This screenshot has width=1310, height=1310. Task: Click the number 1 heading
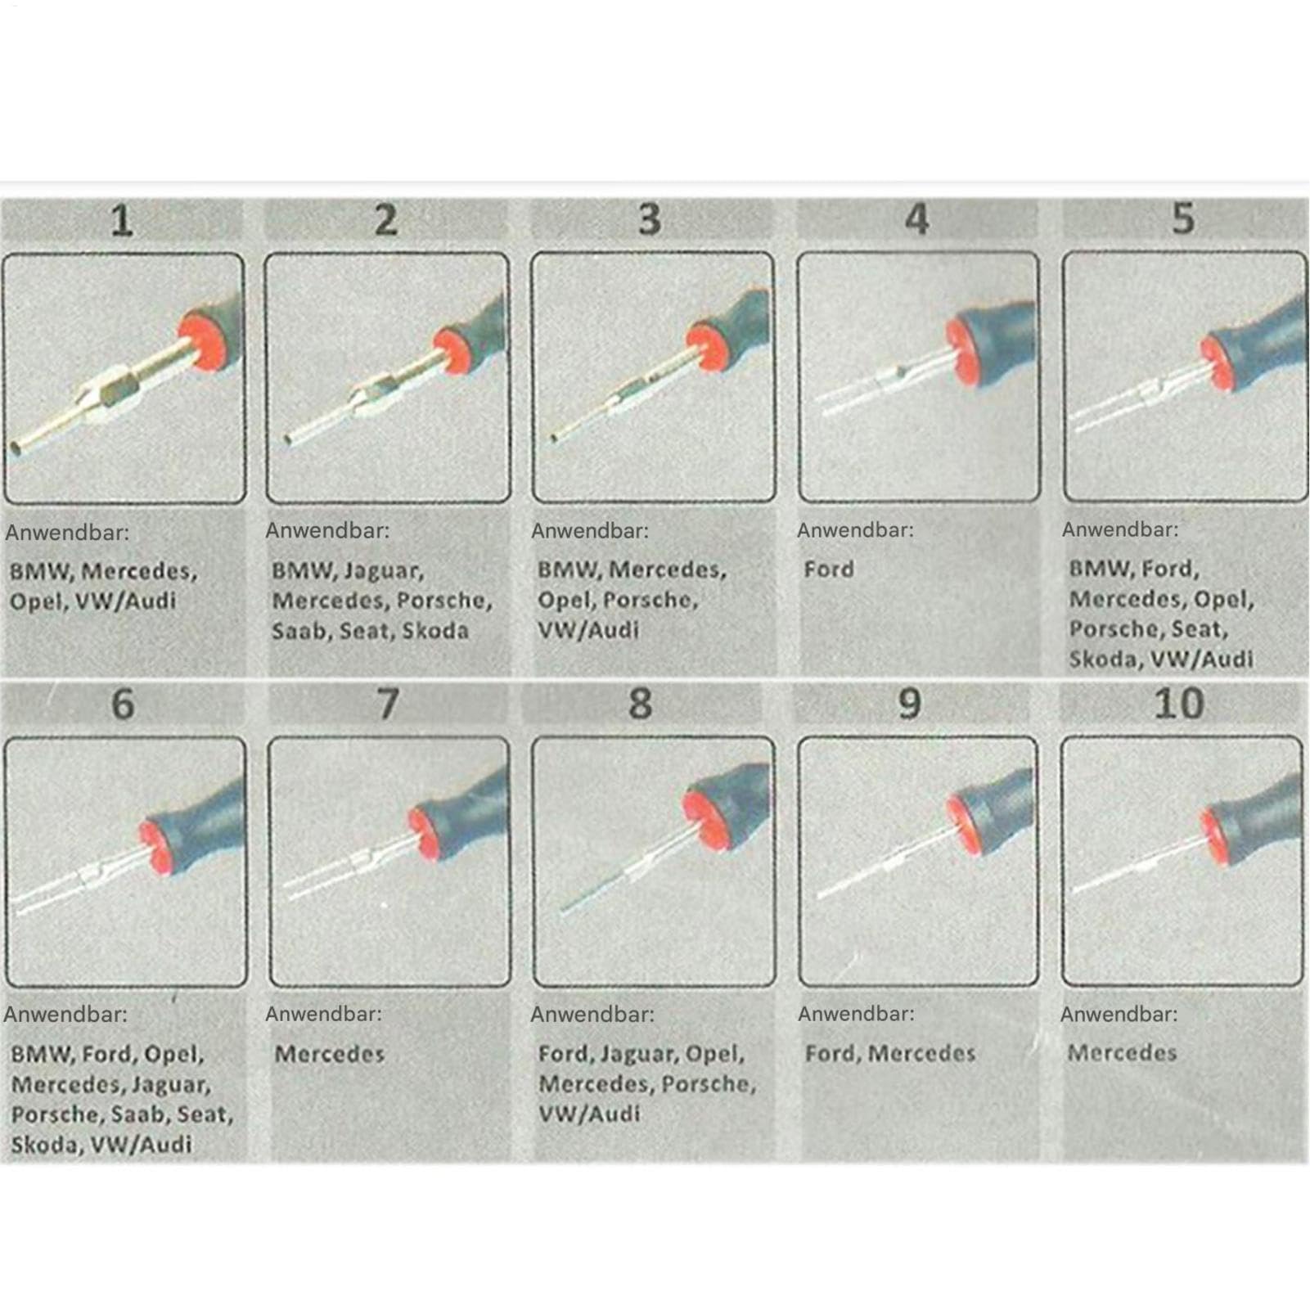(122, 221)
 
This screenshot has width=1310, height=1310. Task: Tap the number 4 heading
(917, 219)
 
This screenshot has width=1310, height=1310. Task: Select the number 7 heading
(388, 704)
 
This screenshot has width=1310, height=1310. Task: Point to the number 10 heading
(1179, 704)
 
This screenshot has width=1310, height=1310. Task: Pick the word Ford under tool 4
(829, 569)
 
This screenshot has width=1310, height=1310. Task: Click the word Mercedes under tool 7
(330, 1053)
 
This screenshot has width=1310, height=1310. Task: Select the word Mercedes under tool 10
(1122, 1052)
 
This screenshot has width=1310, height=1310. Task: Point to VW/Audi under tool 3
(588, 630)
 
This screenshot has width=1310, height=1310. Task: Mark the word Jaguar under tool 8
(640, 1054)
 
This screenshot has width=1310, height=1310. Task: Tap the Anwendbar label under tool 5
(1120, 529)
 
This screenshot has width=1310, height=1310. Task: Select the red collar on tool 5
(1217, 362)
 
